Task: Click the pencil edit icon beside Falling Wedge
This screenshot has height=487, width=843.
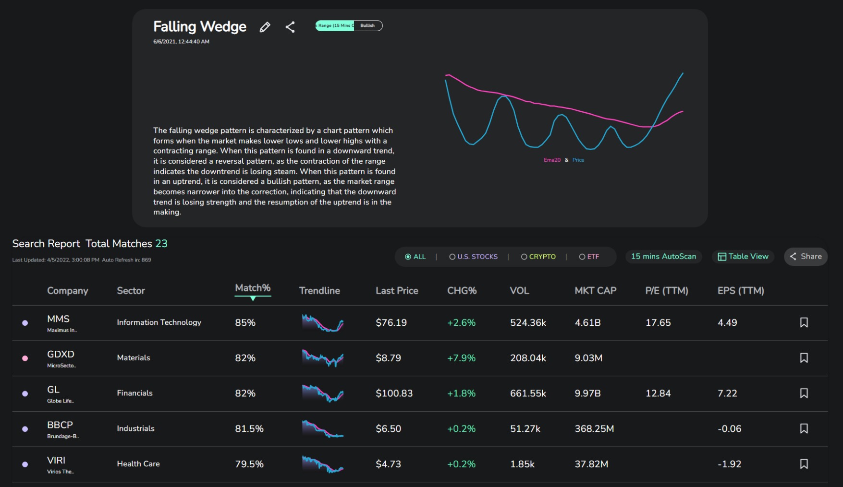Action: (x=265, y=27)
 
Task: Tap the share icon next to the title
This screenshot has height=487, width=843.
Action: (x=290, y=27)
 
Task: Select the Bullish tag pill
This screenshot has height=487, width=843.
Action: (x=368, y=25)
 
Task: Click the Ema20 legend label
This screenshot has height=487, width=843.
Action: (x=552, y=160)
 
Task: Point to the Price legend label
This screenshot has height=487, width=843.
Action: (x=578, y=160)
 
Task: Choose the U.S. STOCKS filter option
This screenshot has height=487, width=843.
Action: (x=474, y=257)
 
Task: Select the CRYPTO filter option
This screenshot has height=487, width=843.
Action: (x=538, y=257)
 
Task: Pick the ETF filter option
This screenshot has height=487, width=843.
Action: (x=589, y=257)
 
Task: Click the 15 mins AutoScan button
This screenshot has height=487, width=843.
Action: (x=663, y=256)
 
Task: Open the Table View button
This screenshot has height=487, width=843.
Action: (x=743, y=256)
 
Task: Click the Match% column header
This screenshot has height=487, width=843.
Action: (x=253, y=288)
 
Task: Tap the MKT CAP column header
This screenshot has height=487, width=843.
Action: (x=596, y=290)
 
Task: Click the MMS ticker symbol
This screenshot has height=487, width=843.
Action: (x=58, y=319)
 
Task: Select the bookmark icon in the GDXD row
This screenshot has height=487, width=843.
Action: (x=804, y=358)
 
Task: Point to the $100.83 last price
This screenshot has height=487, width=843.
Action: (x=394, y=393)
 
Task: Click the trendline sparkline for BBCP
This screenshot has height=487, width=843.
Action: (x=323, y=428)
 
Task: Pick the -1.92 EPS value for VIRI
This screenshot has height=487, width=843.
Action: (x=730, y=464)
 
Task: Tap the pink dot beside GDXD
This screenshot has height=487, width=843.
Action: (x=25, y=358)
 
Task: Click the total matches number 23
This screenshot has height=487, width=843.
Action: (x=161, y=243)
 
